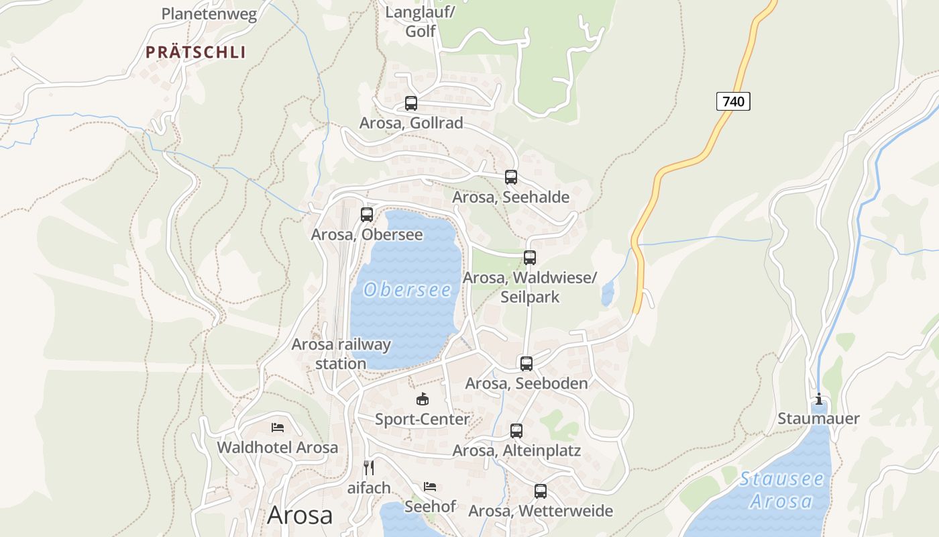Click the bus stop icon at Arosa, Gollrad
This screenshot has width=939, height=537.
coord(411,103)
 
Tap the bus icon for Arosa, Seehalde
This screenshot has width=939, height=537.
coord(511,177)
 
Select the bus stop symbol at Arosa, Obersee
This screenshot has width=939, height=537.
coord(367,215)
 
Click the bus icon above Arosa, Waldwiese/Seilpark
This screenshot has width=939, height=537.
coord(530,258)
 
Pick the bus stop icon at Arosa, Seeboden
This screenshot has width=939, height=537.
coord(527,364)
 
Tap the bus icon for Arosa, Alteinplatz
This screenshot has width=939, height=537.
coord(516,431)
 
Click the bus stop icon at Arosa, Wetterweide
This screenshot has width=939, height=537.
coord(541,491)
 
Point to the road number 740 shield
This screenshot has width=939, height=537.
coord(733,101)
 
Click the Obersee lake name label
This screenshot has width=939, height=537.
coord(407,290)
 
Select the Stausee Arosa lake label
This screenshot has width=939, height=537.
coord(781,490)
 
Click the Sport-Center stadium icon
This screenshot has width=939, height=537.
coord(423,399)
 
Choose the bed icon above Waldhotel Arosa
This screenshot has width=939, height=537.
coord(278,427)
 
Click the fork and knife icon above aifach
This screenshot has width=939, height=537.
coord(368,467)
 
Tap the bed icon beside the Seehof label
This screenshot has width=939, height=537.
coord(430,486)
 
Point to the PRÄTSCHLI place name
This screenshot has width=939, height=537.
coord(196,52)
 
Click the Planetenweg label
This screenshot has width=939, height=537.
coord(209,14)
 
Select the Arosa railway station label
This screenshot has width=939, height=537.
coord(341,354)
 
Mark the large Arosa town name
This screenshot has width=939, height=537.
coord(300,515)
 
